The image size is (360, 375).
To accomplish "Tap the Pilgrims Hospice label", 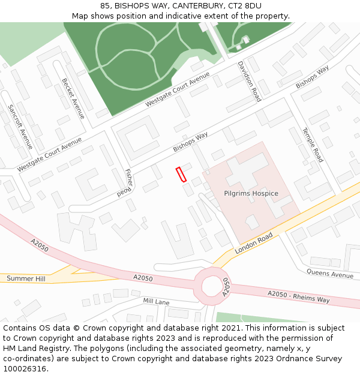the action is click(251, 193).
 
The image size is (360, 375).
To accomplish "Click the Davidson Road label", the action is click(249, 80).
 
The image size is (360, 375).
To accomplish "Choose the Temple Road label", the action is click(313, 145).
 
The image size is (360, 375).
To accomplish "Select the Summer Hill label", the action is click(26, 278).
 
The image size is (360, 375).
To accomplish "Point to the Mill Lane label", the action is click(156, 301).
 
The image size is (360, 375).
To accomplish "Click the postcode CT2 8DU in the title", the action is click(244, 6).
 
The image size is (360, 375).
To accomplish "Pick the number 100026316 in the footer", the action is click(25, 368).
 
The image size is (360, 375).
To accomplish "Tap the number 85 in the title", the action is click(105, 6).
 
